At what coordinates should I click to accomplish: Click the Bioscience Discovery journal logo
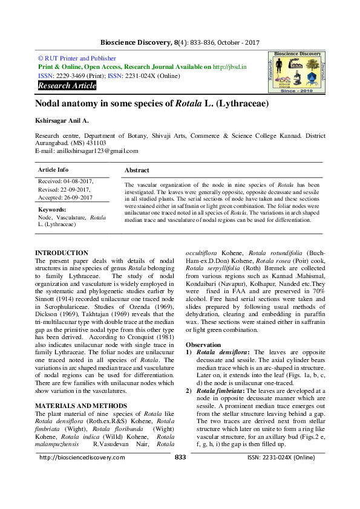(x=295, y=71)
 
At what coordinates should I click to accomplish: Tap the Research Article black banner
(x=67, y=86)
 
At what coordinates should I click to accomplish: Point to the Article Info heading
(x=53, y=170)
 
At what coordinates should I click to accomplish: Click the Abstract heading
(x=137, y=170)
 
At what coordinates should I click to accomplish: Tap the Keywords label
(x=51, y=209)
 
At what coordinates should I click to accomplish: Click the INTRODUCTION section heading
(x=62, y=253)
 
